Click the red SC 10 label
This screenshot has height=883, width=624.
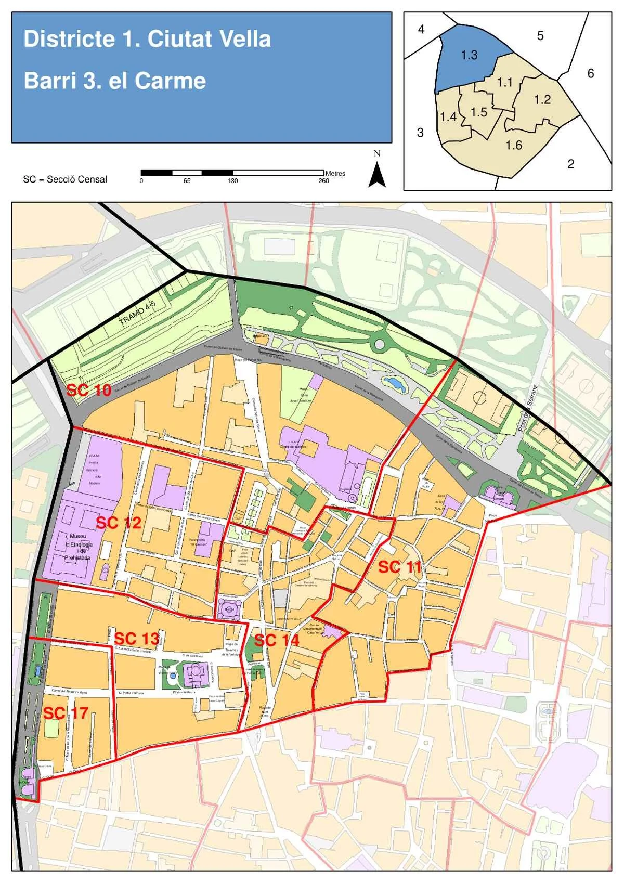point(88,390)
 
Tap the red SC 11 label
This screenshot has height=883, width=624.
point(399,567)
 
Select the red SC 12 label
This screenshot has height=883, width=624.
point(119,523)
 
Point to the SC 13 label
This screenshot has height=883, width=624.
point(136,638)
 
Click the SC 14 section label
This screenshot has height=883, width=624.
point(277,640)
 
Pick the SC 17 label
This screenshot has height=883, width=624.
point(65,712)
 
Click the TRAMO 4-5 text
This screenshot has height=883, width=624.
point(137,314)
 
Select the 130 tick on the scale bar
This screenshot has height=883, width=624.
point(232,181)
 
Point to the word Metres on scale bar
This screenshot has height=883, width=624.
point(335,173)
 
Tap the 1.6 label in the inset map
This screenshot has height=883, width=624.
point(514,145)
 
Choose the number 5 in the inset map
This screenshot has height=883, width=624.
point(540,35)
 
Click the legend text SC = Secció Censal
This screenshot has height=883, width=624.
point(65,179)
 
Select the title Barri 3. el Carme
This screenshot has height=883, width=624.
point(115,81)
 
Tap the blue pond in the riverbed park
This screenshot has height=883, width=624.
point(395,384)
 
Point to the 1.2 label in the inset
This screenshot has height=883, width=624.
point(542,99)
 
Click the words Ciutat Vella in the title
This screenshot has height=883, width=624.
point(209,39)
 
